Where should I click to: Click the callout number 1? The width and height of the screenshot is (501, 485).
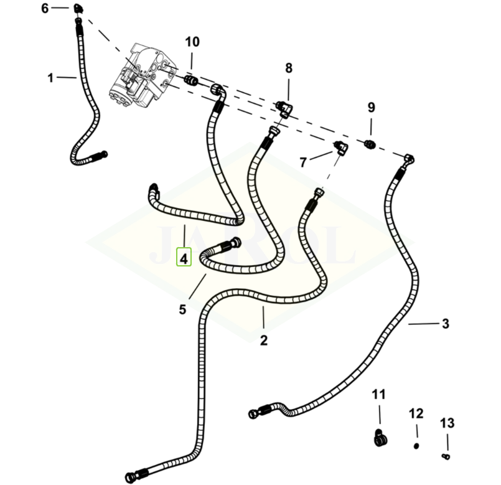pos(50,78)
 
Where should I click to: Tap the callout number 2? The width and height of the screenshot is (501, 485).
pos(264,340)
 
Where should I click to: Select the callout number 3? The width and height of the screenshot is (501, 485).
pos(445,324)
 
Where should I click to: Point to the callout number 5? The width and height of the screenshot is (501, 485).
pos(182,309)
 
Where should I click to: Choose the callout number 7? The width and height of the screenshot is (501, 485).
pos(303,162)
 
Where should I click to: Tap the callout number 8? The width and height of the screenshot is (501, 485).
pos(289,68)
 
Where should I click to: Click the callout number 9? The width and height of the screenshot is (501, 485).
pos(371,107)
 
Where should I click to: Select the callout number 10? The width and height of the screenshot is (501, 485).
pos(192,42)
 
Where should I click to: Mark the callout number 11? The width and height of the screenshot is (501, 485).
pos(379,394)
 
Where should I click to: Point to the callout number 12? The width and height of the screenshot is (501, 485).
pos(416,413)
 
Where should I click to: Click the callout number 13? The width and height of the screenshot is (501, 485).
pos(447,423)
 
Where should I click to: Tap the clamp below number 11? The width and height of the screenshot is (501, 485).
pos(380,438)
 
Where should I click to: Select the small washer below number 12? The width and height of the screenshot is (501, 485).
pos(416,446)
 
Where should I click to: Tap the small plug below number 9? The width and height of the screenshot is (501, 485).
pos(370,144)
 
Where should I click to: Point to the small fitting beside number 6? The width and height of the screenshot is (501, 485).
pos(78,8)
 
